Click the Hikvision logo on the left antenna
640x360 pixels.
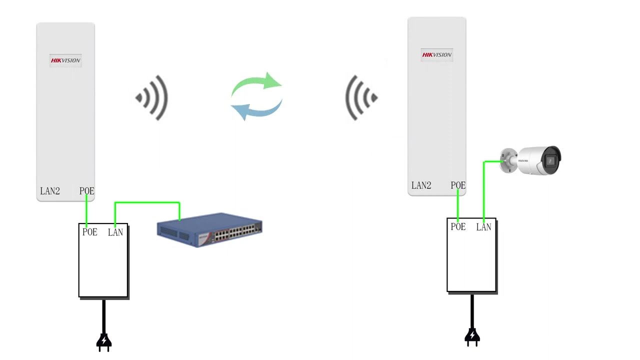coord(65,60)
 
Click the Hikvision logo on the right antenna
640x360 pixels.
coord(436,55)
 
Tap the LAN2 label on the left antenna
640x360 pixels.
coord(50,191)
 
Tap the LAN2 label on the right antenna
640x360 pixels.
coord(421,185)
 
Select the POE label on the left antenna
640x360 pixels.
coord(86,191)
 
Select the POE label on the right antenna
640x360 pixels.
coord(458,185)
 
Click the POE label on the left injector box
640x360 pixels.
coord(90,232)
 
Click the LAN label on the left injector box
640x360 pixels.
coord(115,232)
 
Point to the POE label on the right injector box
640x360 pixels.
coord(458,227)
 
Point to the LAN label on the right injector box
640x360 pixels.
coord(484,227)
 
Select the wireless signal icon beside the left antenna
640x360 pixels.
coord(152,98)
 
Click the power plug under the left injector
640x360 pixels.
coord(104,341)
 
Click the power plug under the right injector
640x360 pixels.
coord(472,336)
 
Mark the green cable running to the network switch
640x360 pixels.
coord(147,202)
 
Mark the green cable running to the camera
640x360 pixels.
coord(484,190)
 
